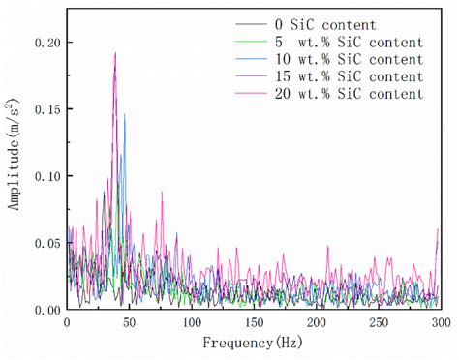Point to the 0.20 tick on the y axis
[45, 44]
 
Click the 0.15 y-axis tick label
[45, 110]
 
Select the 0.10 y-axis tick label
[45, 177]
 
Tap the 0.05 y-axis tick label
[45, 244]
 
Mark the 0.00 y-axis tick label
[45, 310]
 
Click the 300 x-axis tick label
[442, 322]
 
